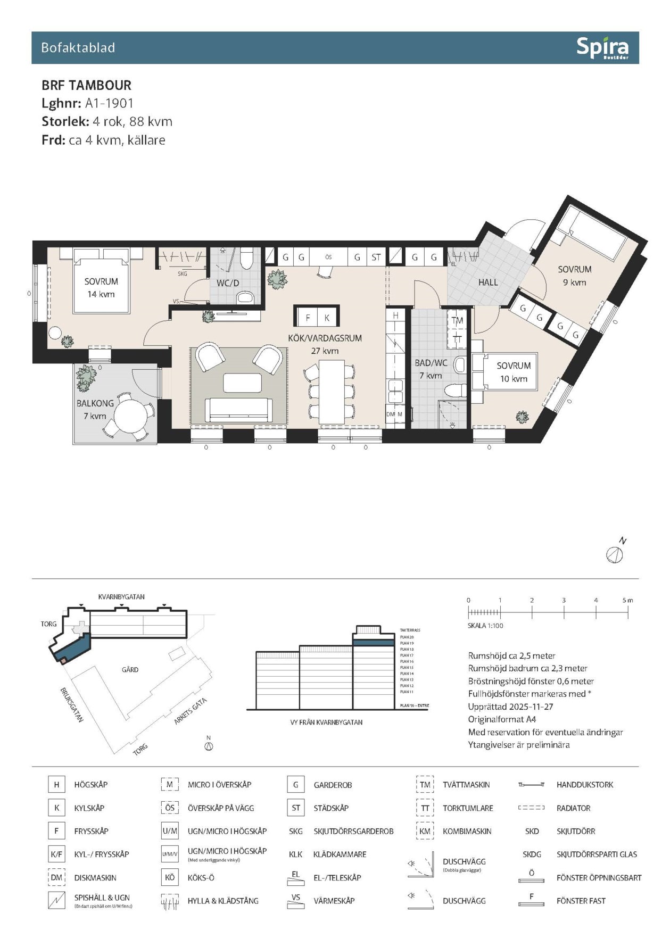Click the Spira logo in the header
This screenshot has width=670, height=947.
coord(602,48)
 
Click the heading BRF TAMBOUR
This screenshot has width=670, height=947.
coord(86,85)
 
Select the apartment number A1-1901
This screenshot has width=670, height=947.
coord(109,103)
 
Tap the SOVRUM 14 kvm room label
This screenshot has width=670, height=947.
coord(101,287)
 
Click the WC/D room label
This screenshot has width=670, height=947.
coord(228,283)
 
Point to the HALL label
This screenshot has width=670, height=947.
coord(487,283)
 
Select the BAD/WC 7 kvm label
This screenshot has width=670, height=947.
coord(431,369)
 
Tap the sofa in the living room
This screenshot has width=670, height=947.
coord(238,409)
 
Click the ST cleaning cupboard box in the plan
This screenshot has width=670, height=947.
coord(376,257)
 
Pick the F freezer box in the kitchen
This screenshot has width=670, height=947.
coord(308,318)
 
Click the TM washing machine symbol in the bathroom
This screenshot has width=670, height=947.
coord(457,321)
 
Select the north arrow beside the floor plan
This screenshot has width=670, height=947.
coord(615,553)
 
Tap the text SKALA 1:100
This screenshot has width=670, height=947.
coord(485,626)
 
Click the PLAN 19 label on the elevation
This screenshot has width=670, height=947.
coord(407,643)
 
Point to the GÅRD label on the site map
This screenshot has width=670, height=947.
coord(130,669)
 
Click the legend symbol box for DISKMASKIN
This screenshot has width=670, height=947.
coord(56,877)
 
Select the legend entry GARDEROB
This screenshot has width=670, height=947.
coord(333,785)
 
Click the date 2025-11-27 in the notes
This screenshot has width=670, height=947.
coord(531,707)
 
